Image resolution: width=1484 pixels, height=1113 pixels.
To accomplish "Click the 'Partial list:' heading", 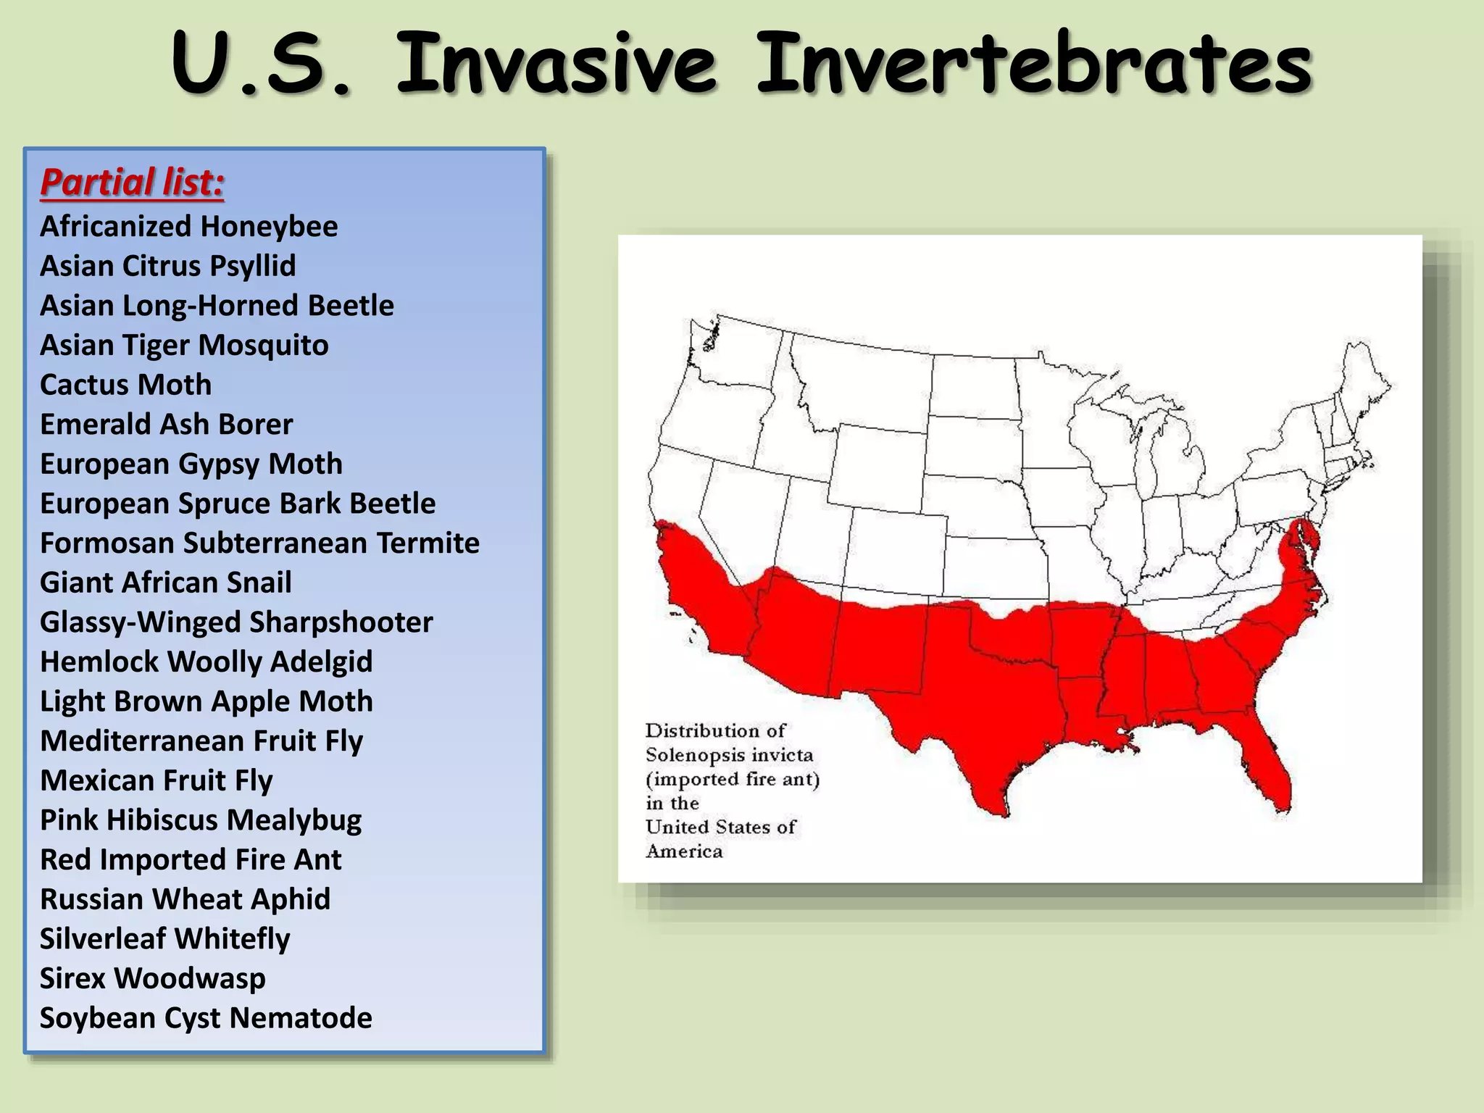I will [x=132, y=182].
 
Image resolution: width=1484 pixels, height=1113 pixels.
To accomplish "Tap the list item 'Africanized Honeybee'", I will [x=188, y=227].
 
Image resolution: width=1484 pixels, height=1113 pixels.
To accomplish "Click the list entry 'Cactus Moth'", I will [x=125, y=385].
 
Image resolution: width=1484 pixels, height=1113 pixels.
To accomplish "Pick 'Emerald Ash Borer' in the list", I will [x=166, y=425].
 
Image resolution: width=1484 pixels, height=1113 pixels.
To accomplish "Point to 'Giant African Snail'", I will [x=165, y=583].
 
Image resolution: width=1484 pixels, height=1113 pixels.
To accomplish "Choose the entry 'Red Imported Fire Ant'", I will [x=190, y=859].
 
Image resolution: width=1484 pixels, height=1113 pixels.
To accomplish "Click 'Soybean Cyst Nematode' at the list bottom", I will [x=206, y=1018].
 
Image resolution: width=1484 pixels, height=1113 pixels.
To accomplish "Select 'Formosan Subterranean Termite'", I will [x=259, y=543].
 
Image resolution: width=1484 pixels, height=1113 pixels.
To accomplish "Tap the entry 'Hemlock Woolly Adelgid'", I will [x=206, y=662].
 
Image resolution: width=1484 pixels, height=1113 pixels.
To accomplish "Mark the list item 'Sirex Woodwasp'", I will [x=152, y=978].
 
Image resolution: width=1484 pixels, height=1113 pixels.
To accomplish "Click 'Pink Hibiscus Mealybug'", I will [x=200, y=820].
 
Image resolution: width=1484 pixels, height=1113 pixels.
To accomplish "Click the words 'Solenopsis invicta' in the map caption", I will [x=729, y=755].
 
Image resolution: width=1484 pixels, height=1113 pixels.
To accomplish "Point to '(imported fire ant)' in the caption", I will [x=732, y=779].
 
